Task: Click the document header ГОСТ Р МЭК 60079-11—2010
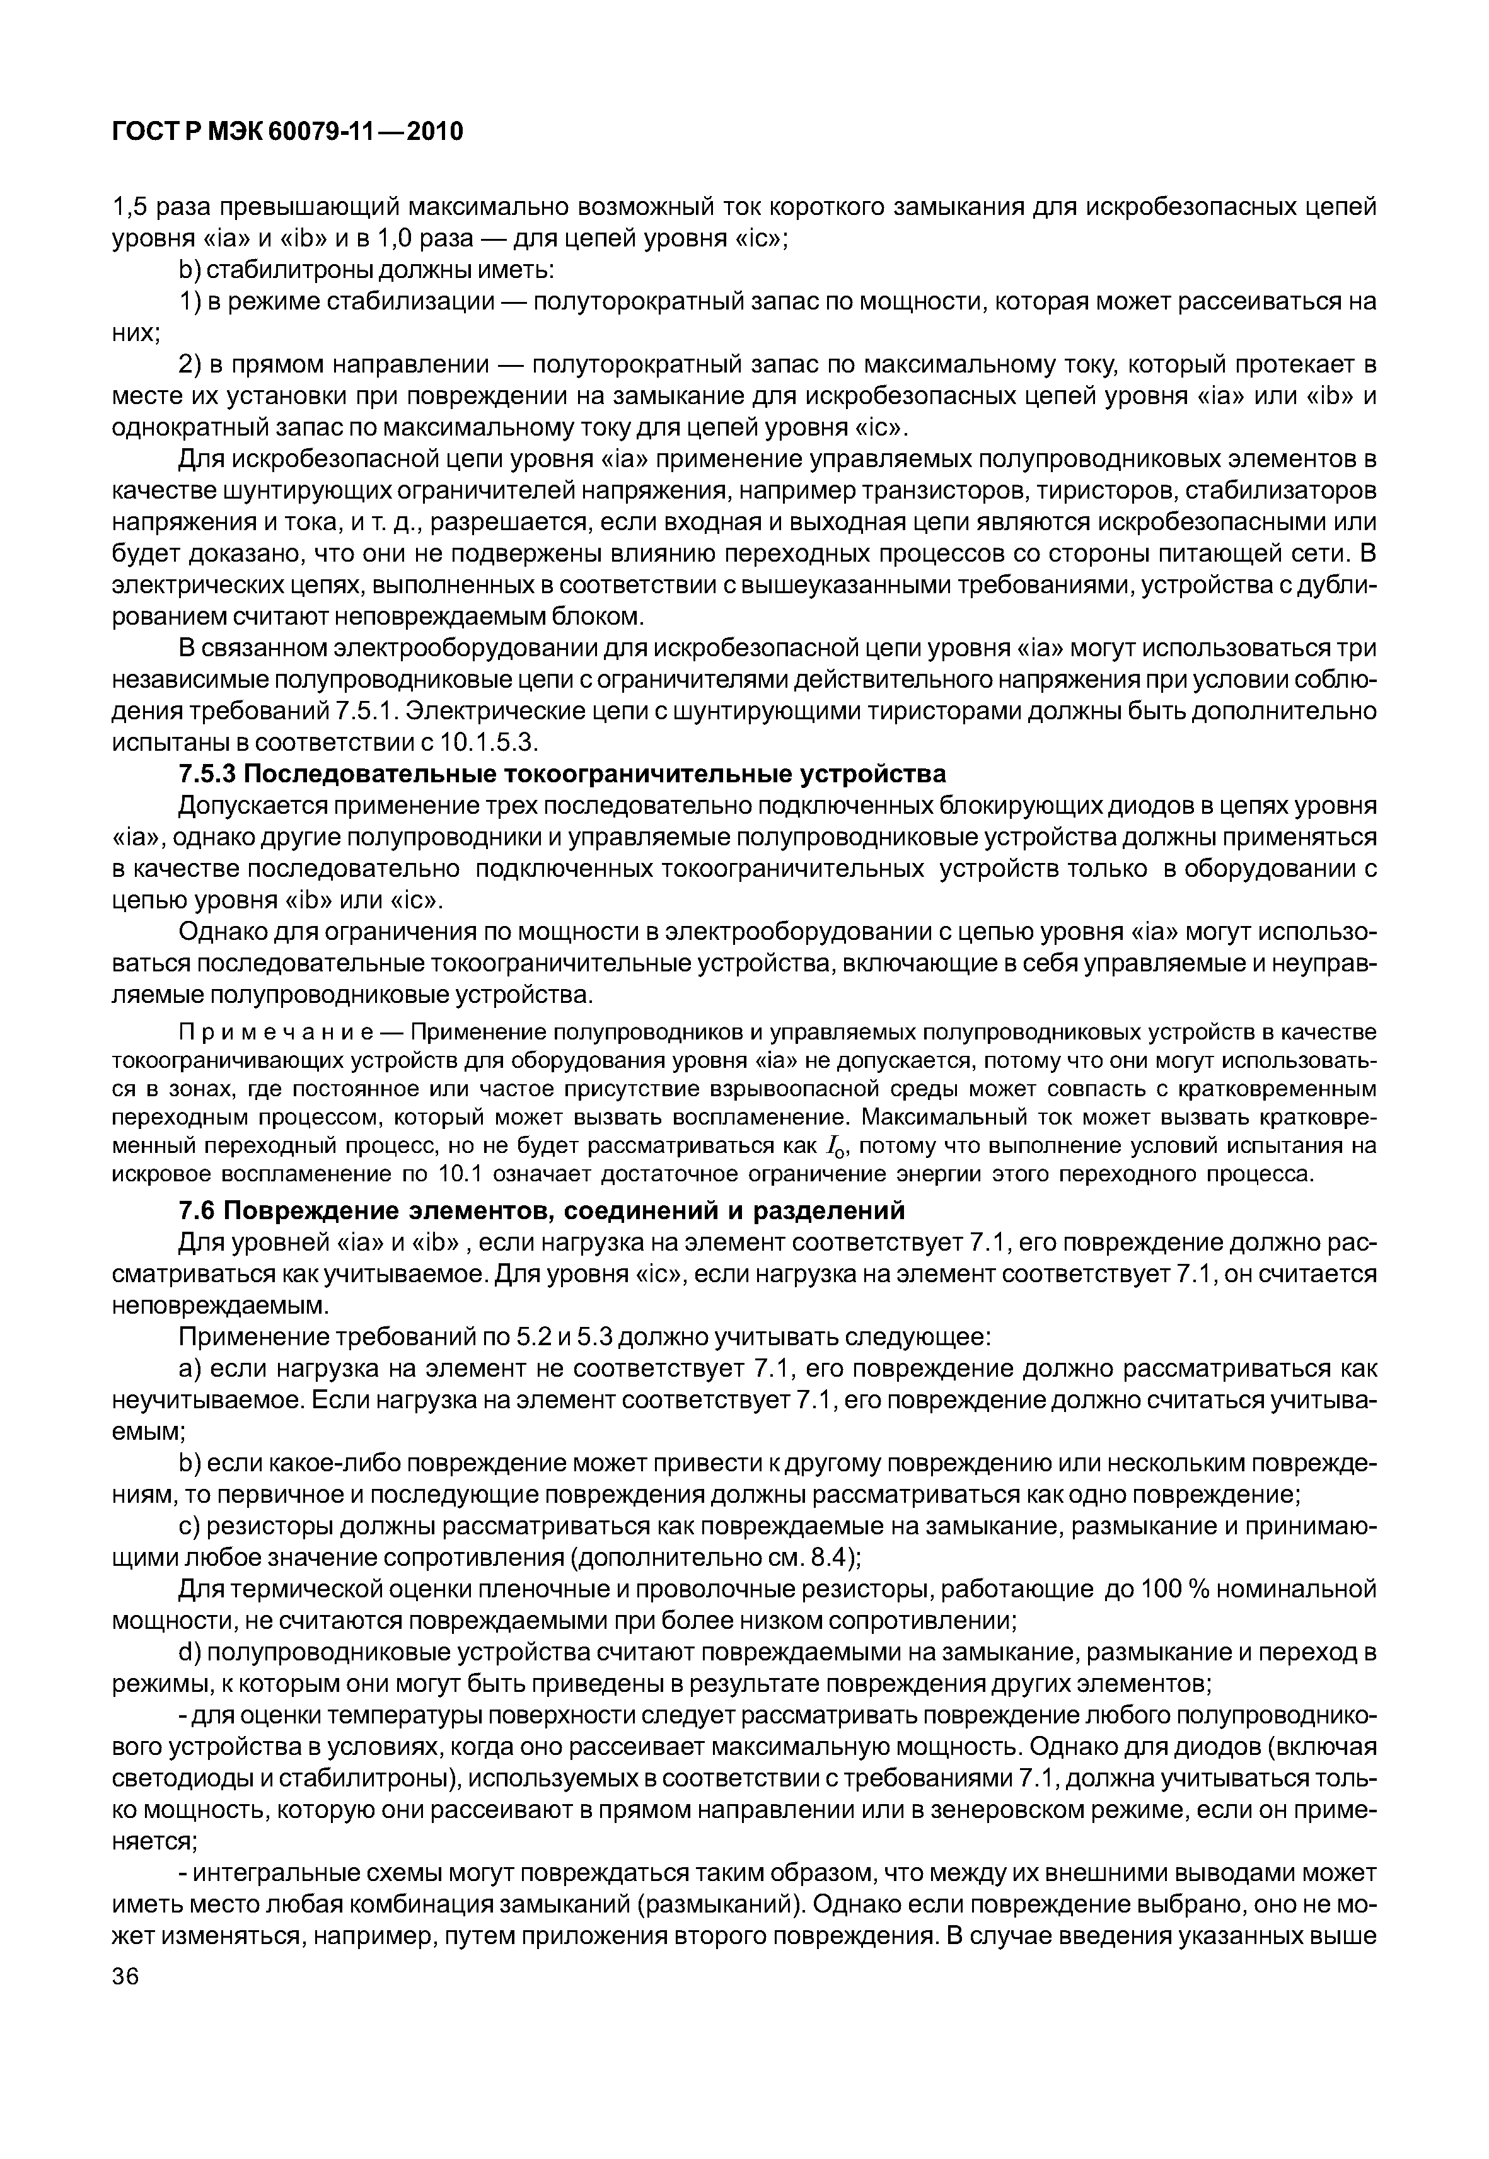pyautogui.click(x=287, y=132)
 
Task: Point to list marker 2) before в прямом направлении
pyautogui.click(x=188, y=364)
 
